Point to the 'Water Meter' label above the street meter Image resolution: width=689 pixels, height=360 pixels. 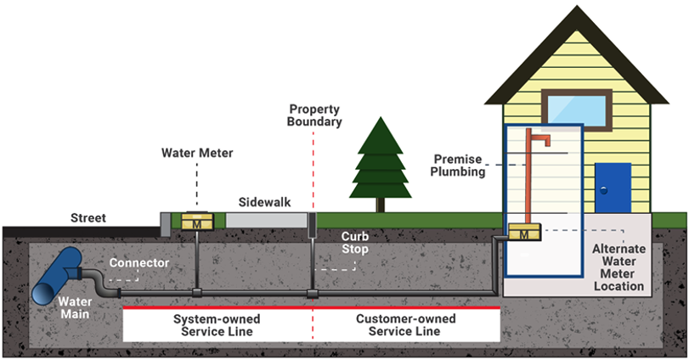[197, 154]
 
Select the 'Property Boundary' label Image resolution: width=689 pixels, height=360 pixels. [315, 115]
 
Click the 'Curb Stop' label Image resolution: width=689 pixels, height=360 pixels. [354, 243]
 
